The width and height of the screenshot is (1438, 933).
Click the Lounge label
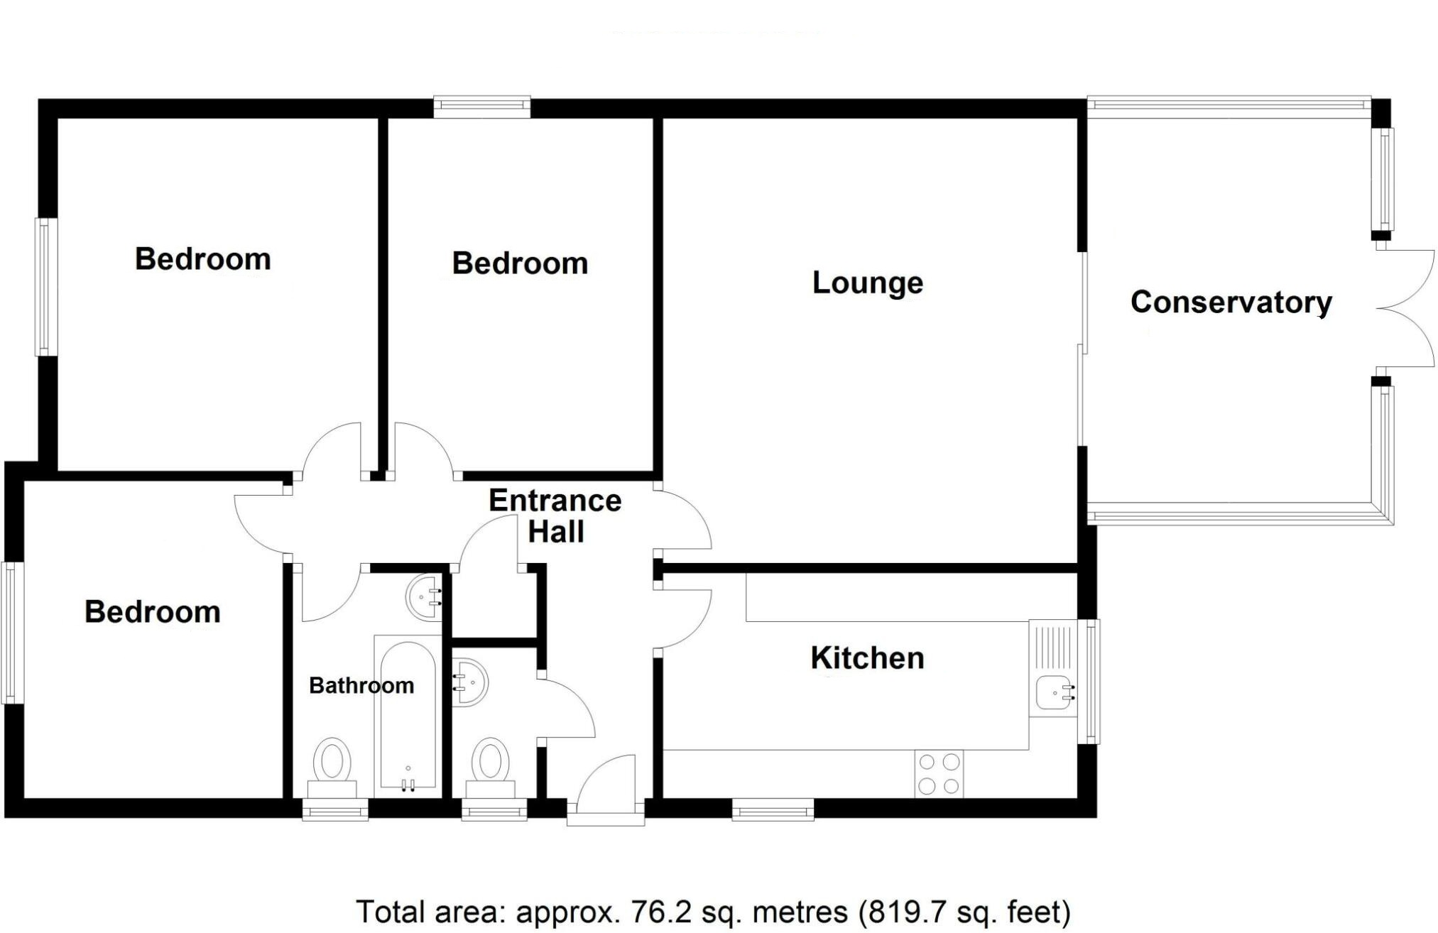coord(867,283)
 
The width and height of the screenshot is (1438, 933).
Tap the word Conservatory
coord(1231,302)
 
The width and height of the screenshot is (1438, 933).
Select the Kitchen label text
coord(867,658)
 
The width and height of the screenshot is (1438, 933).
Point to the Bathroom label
coord(361,685)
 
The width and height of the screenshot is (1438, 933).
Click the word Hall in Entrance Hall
coord(556,532)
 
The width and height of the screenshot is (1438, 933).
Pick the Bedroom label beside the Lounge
coord(520,263)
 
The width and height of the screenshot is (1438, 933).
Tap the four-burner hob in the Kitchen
coord(939,774)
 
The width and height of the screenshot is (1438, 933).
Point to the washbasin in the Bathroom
coord(425,596)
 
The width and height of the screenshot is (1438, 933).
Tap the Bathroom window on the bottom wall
coord(335,809)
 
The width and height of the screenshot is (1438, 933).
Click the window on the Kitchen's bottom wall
coord(773,809)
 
